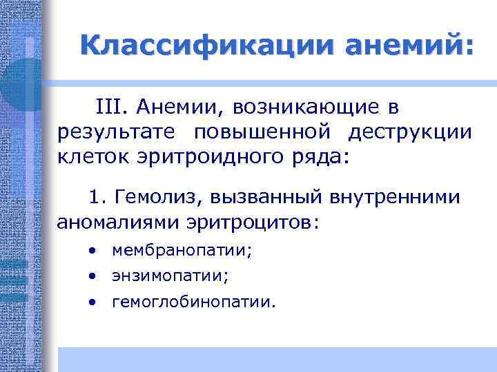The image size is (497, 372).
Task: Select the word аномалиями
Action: pos(118,223)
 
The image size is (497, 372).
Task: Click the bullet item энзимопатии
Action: pos(170,276)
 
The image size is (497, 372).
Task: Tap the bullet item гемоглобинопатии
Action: pos(193,302)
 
